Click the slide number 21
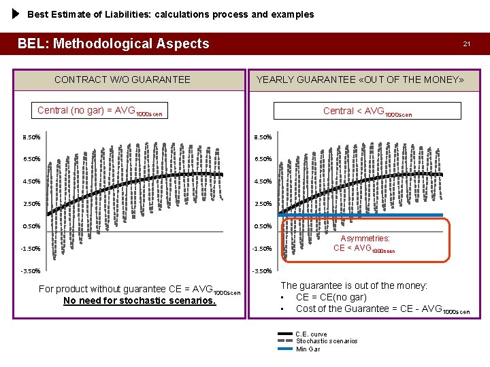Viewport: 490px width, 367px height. [x=466, y=43]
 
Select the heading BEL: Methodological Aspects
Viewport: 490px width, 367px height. [x=113, y=43]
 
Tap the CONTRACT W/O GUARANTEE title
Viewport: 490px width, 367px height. [x=122, y=80]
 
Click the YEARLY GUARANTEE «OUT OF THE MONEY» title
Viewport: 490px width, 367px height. [x=359, y=80]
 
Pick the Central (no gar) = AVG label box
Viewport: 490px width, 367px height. [x=99, y=111]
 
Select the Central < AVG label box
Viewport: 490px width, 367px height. [x=367, y=111]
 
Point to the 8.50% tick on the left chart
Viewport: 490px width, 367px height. [x=31, y=137]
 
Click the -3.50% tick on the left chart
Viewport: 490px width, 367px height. [x=31, y=271]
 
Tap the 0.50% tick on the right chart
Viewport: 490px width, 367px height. [x=263, y=226]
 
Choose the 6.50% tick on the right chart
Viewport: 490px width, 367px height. [x=263, y=159]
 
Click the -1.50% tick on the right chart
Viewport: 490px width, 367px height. [x=263, y=249]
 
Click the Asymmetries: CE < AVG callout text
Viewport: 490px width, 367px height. [x=365, y=243]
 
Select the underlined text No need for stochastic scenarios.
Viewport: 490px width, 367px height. [x=139, y=300]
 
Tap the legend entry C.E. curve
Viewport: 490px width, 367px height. [x=311, y=334]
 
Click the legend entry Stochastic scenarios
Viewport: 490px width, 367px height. [x=326, y=341]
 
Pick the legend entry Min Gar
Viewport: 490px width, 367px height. [x=308, y=349]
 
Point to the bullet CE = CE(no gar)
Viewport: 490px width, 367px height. [x=331, y=297]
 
